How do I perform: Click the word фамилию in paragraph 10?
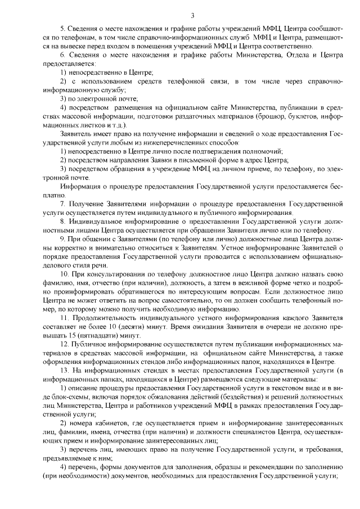tap(53, 284)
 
